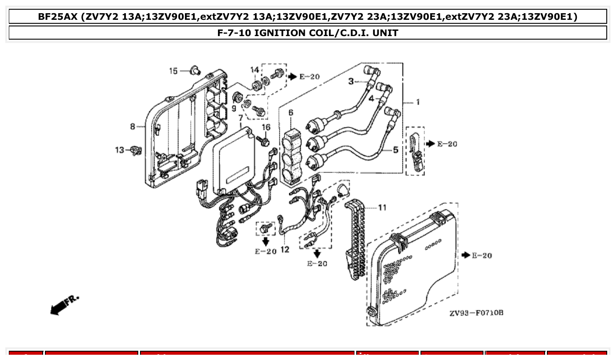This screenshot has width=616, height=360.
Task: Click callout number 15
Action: point(173,71)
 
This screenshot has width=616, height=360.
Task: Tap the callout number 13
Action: point(120,151)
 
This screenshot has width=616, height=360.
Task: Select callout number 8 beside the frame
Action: point(133,127)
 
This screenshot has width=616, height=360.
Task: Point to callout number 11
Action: point(382,207)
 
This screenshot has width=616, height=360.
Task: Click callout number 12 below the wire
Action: point(285,250)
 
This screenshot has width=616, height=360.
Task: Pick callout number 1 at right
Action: point(417,103)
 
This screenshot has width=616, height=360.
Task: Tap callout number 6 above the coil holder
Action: point(291,113)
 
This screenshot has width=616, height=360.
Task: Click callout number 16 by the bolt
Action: point(266,128)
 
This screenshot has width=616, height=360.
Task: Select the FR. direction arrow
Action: point(64,305)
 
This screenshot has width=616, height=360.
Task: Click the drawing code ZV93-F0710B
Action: point(476,313)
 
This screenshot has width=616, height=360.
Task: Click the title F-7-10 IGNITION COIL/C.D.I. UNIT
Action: point(307,33)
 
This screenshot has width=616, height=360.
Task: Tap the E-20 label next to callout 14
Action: point(309,77)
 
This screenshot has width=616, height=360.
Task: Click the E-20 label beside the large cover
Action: point(482,256)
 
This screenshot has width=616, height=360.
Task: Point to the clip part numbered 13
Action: point(137,151)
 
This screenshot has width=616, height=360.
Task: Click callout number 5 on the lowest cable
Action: point(395,150)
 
